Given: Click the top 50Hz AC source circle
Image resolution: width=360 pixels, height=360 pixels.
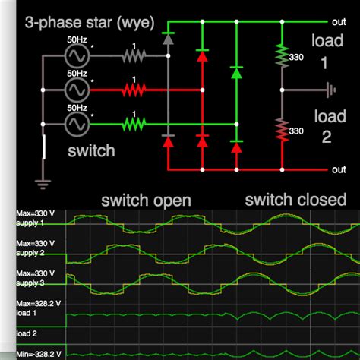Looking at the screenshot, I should click(77, 55).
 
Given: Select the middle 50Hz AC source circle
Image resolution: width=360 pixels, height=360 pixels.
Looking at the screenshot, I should click(77, 90).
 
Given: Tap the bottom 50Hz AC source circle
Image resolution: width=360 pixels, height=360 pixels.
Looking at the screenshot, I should click(77, 122).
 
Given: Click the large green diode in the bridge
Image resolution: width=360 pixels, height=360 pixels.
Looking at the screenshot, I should click(237, 74).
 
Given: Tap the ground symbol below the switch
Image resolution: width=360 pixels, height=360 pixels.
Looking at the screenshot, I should click(39, 181).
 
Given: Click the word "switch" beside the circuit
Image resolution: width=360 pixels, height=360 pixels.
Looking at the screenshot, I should click(91, 150).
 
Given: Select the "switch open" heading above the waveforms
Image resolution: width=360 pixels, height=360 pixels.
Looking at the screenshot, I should click(146, 201).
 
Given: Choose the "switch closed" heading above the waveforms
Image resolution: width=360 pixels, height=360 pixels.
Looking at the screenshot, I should click(295, 200).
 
